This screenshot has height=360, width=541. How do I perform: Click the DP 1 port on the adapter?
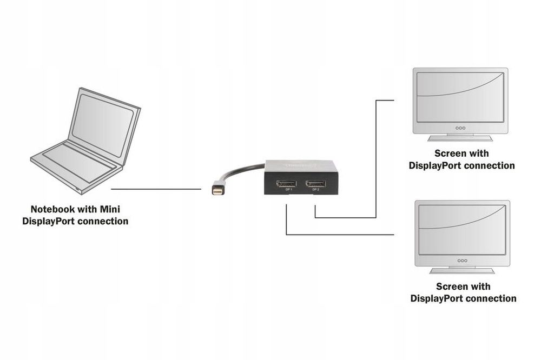coord(286,182)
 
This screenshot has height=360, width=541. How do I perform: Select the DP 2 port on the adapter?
coord(315,182)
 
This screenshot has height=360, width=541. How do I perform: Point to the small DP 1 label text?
coord(289,190)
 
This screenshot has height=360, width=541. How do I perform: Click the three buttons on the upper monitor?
coord(460,128)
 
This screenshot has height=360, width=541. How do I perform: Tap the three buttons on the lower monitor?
coord(461,261)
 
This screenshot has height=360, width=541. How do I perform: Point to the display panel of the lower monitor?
coord(462,228)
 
